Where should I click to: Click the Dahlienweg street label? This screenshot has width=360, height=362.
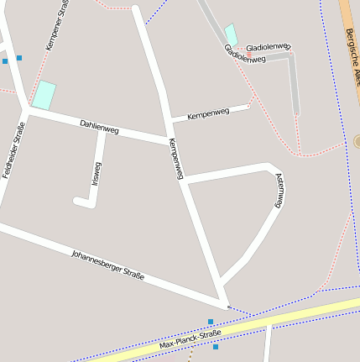point(99,127)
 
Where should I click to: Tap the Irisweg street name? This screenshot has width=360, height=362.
point(95,173)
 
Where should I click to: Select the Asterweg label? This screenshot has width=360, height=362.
point(279,191)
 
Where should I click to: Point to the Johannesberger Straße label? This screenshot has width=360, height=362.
point(107,264)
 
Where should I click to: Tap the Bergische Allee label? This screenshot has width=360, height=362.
point(352,55)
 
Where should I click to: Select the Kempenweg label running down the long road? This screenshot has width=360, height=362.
point(175,158)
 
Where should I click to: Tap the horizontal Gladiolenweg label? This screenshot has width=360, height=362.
point(268,47)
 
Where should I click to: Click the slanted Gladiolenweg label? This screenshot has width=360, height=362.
point(244,55)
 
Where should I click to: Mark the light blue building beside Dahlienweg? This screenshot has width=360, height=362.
point(44,95)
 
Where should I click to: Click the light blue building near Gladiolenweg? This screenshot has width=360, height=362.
point(232,34)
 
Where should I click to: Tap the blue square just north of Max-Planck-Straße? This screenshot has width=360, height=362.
point(211,321)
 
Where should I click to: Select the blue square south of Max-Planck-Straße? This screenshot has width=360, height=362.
point(216,346)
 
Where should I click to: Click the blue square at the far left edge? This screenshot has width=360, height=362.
point(5,60)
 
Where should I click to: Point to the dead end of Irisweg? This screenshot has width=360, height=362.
point(78,201)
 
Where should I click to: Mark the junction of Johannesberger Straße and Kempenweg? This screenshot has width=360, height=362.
point(225,304)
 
